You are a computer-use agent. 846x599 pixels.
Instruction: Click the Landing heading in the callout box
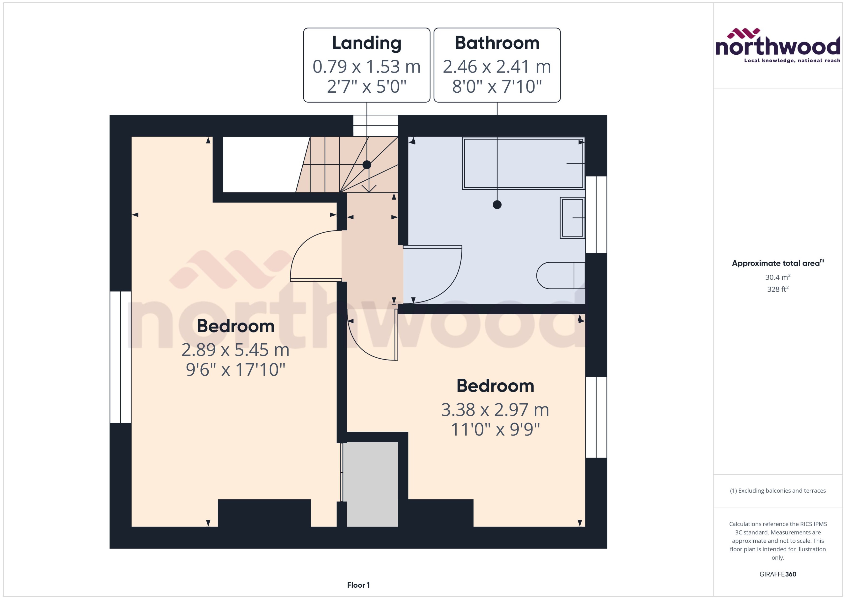366,43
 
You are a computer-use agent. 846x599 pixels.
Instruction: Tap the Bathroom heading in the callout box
497,43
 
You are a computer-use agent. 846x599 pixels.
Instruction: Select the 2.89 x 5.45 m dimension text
235,350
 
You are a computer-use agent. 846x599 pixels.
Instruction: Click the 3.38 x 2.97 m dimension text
495,410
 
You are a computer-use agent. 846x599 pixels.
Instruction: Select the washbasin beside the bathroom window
572,218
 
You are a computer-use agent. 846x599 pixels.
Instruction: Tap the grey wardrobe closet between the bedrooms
372,484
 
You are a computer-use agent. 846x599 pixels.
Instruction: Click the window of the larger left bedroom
121,357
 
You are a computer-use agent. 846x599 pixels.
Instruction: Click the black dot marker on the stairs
366,165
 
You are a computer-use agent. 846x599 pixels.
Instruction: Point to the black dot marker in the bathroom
497,204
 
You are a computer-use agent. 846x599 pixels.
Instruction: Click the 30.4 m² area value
777,277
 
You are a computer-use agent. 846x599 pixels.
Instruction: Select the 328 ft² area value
777,289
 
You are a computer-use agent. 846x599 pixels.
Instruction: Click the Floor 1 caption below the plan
358,585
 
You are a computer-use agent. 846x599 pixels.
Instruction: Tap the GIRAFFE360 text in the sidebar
777,574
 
